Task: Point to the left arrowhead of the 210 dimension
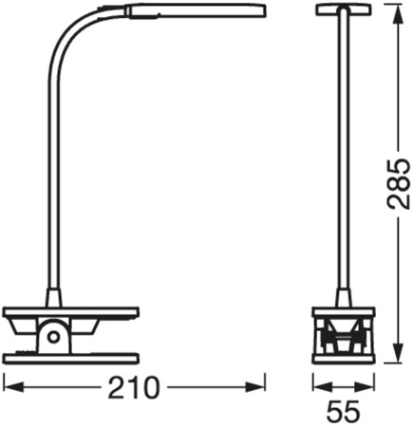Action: click(9, 386)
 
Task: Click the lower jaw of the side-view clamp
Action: click(72, 357)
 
